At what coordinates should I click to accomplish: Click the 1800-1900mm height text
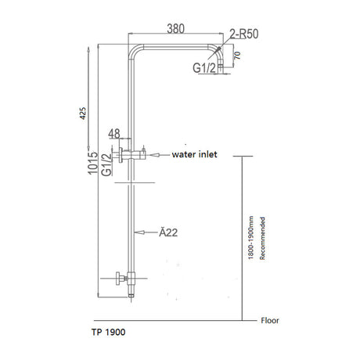250,236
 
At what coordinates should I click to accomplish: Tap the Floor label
271,320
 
